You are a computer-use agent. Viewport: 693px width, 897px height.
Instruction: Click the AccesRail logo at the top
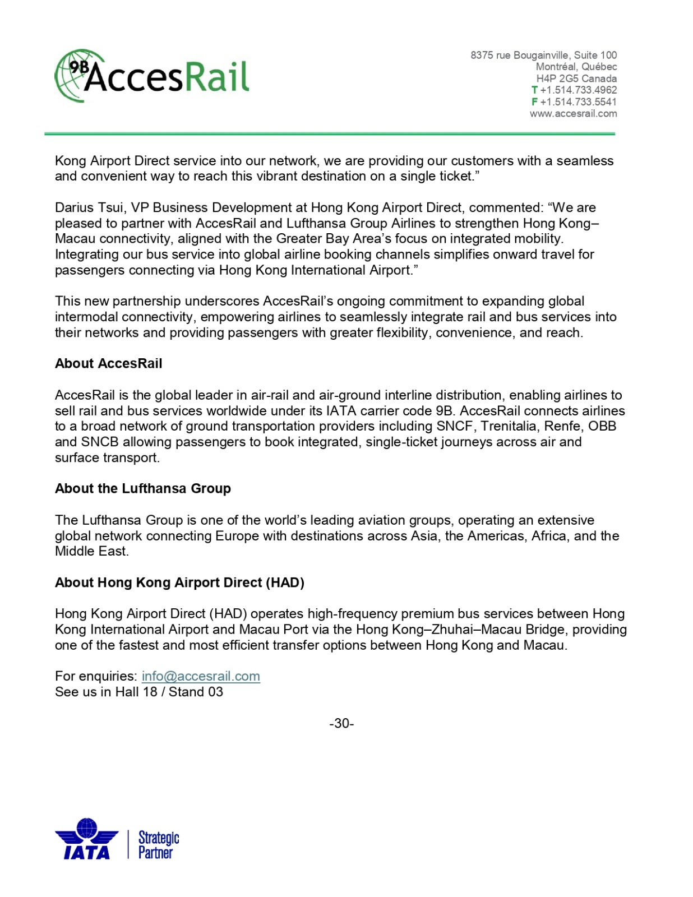pyautogui.click(x=152, y=76)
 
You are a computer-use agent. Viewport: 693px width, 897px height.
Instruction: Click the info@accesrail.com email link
pyautogui.click(x=201, y=676)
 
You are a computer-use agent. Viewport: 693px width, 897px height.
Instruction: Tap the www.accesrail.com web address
pyautogui.click(x=573, y=114)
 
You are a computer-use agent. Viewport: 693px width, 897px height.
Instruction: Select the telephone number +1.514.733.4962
pyautogui.click(x=578, y=90)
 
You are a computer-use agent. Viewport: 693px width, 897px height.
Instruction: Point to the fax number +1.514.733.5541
pyautogui.click(x=578, y=102)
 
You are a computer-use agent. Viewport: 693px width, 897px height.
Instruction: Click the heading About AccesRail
pyautogui.click(x=108, y=364)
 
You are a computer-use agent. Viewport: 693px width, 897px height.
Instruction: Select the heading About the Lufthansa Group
pyautogui.click(x=142, y=489)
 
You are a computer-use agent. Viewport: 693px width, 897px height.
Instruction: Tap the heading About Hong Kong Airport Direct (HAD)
pyautogui.click(x=179, y=583)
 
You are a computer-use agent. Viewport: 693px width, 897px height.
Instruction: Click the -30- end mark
pyautogui.click(x=341, y=724)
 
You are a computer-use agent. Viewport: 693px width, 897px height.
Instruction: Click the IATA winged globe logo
pyautogui.click(x=87, y=838)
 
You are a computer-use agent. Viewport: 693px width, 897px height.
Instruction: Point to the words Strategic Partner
pyautogui.click(x=158, y=845)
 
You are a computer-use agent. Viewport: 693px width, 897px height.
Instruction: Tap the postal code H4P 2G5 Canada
pyautogui.click(x=576, y=79)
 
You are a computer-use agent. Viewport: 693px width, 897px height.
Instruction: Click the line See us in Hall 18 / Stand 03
pyautogui.click(x=139, y=692)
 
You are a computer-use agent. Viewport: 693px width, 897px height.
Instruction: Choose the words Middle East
pyautogui.click(x=91, y=552)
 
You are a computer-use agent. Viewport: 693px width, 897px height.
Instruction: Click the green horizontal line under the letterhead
pyautogui.click(x=330, y=134)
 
